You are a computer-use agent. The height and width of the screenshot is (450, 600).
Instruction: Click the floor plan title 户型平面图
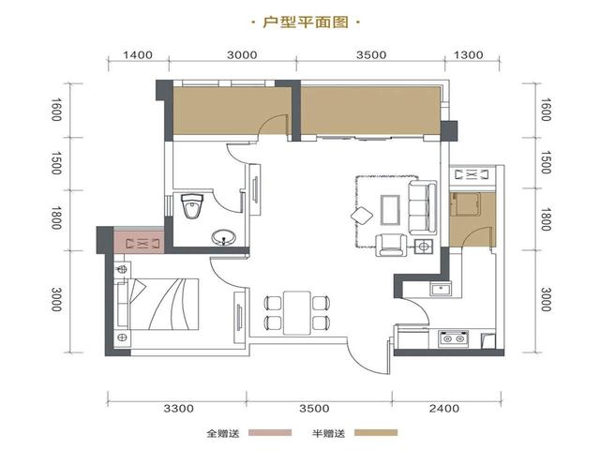(x=300, y=20)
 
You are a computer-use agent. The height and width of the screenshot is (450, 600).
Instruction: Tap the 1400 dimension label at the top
(x=137, y=55)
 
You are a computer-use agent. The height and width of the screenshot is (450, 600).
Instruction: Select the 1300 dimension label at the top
(x=468, y=55)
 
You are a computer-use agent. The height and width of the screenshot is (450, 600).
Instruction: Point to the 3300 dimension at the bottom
(x=177, y=409)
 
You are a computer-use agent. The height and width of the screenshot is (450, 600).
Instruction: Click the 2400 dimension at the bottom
(x=444, y=409)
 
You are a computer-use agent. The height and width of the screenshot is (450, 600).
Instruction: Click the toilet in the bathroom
(x=192, y=205)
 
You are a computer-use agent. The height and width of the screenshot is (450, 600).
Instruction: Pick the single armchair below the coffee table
(x=389, y=246)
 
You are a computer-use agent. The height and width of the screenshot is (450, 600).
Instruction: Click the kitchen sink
(x=439, y=289)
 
